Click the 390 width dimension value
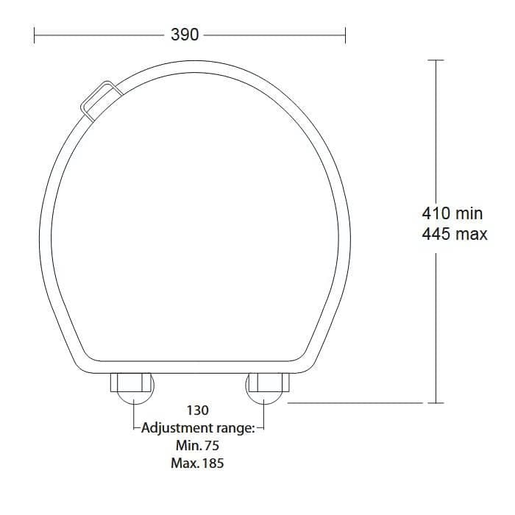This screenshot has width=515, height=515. pos(185,35)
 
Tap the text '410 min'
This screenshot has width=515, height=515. pos(452,213)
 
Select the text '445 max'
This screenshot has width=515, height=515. pos(454,235)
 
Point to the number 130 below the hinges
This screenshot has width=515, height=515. pos(198,411)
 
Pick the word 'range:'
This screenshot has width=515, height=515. pos(234,428)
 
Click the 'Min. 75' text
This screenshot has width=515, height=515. pos(197,446)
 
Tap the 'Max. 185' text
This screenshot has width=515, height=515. pos(197,464)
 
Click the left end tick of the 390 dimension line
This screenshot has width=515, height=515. pos(35,35)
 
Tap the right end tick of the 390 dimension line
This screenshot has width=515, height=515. pos(346,35)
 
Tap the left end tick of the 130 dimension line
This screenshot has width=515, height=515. pos(134,427)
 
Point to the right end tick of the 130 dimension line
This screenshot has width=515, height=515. pos(263,427)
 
